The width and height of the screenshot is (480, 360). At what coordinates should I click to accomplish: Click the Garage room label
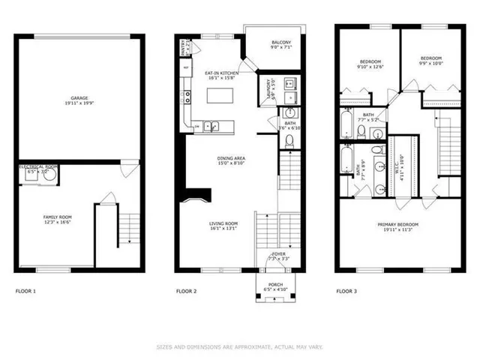pos(79,99)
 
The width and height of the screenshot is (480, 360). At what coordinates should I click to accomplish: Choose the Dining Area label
pos(231,160)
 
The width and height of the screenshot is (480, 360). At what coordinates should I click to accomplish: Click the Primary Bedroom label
pos(397,226)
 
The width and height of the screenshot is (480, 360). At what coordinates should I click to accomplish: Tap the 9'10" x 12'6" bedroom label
pos(370,62)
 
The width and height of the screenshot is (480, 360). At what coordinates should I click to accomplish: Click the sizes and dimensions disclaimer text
pos(240,346)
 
